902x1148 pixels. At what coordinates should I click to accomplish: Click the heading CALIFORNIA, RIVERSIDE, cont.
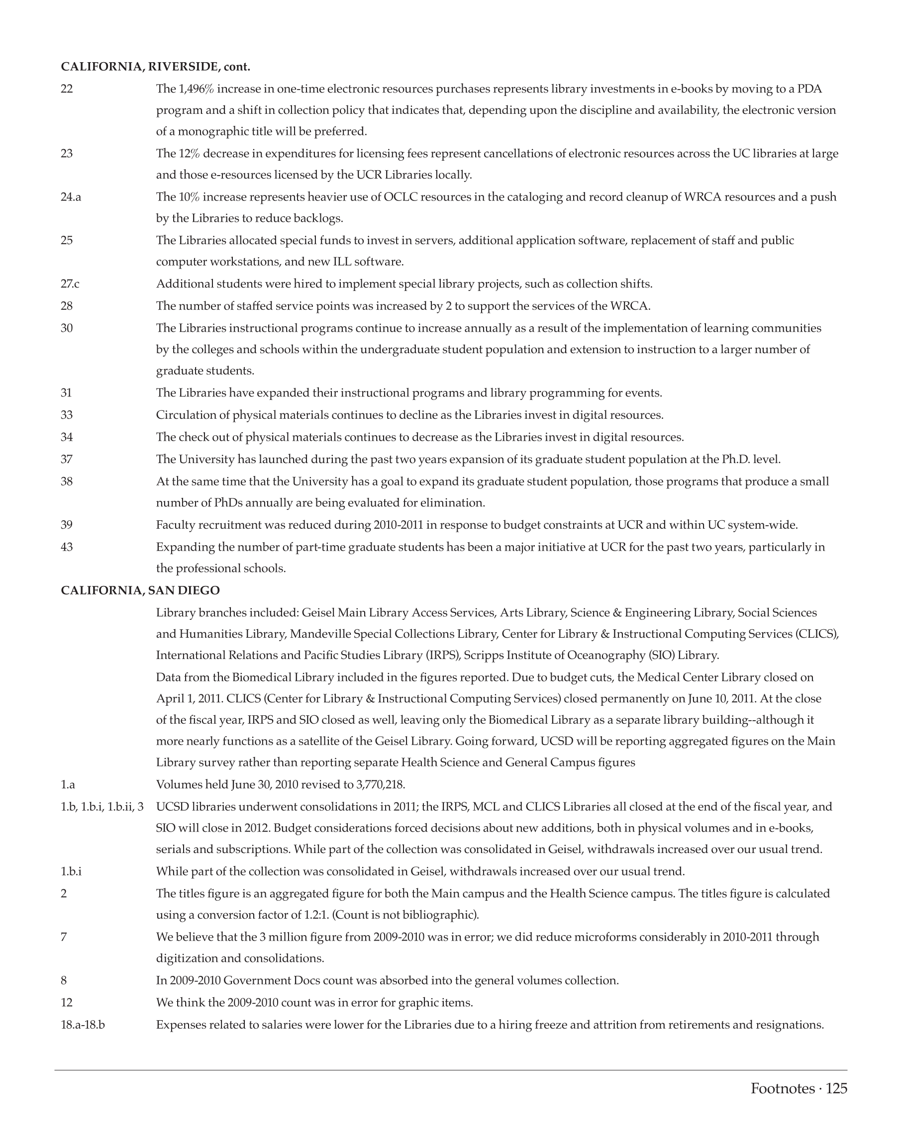click(x=155, y=67)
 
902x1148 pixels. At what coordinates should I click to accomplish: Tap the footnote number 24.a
click(x=71, y=197)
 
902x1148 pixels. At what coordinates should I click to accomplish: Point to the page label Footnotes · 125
click(x=799, y=1088)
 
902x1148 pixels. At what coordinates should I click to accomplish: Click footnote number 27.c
click(x=70, y=284)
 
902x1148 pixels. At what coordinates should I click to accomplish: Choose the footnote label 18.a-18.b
click(x=83, y=1025)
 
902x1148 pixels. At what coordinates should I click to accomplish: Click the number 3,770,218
click(x=380, y=785)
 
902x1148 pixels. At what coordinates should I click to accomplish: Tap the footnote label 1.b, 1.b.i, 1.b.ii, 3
click(x=102, y=807)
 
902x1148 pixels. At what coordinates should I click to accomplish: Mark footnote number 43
click(x=67, y=547)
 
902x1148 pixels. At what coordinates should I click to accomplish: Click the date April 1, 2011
click(x=189, y=699)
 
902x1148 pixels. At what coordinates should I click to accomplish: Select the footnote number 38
click(x=67, y=481)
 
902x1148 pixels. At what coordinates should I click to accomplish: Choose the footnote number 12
click(x=67, y=1002)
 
